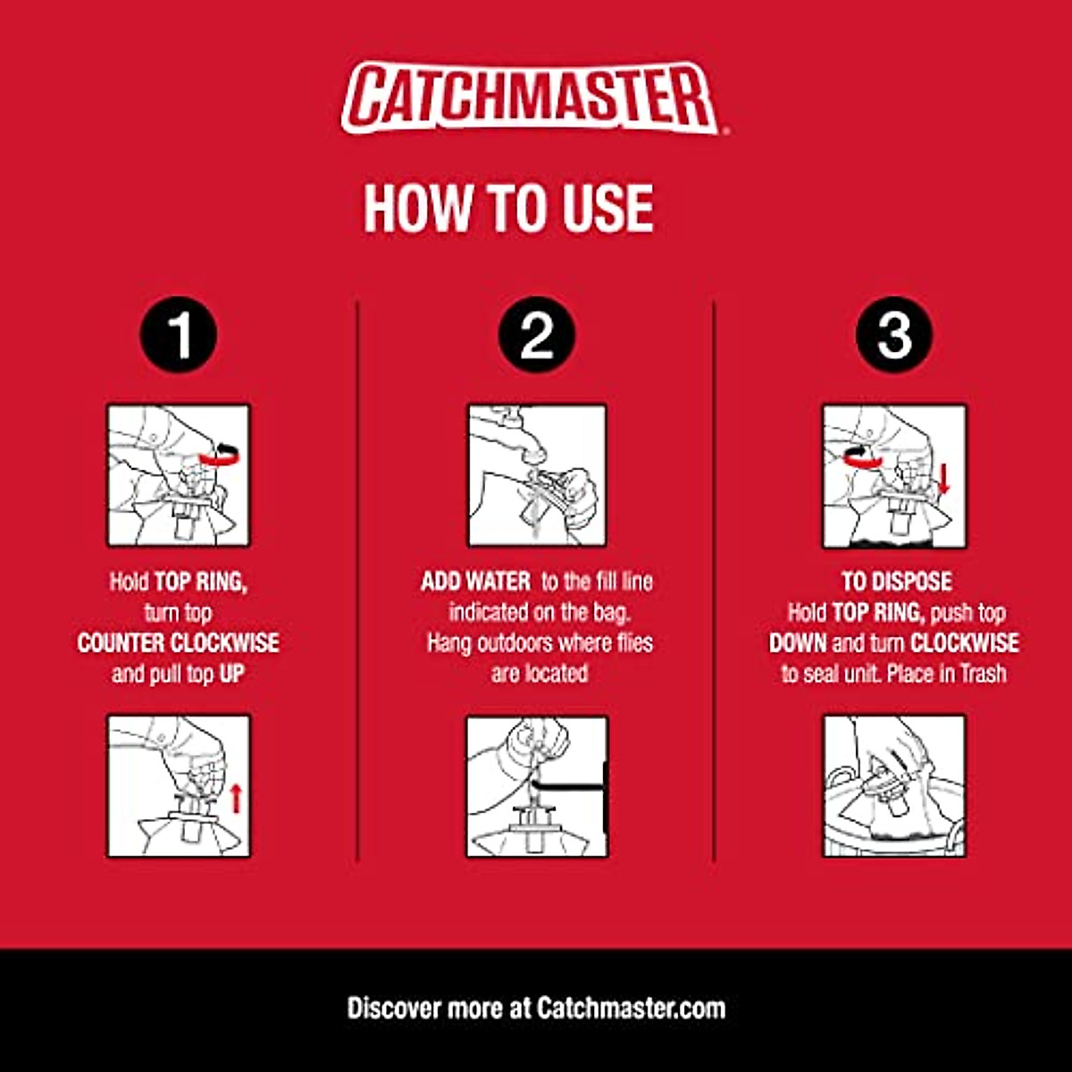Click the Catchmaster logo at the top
click(533, 97)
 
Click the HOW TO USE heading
click(508, 208)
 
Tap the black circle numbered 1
click(179, 335)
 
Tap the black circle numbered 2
click(536, 335)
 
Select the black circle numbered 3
click(893, 335)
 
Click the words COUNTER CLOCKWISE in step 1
click(179, 643)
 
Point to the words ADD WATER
click(475, 582)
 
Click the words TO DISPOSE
click(895, 582)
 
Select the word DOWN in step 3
click(798, 643)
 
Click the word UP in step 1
click(231, 674)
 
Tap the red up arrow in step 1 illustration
click(236, 797)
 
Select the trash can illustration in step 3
click(893, 786)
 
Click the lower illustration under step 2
click(537, 786)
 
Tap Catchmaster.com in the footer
click(631, 1009)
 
